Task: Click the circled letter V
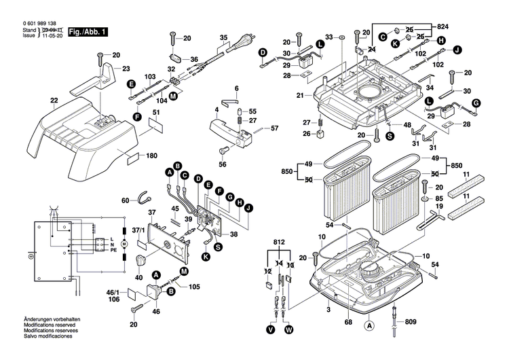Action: coord(271,330)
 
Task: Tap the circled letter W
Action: coord(289,330)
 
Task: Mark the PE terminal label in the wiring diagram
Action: coord(105,250)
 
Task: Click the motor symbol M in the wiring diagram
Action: coord(123,242)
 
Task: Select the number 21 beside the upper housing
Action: coord(299,95)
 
